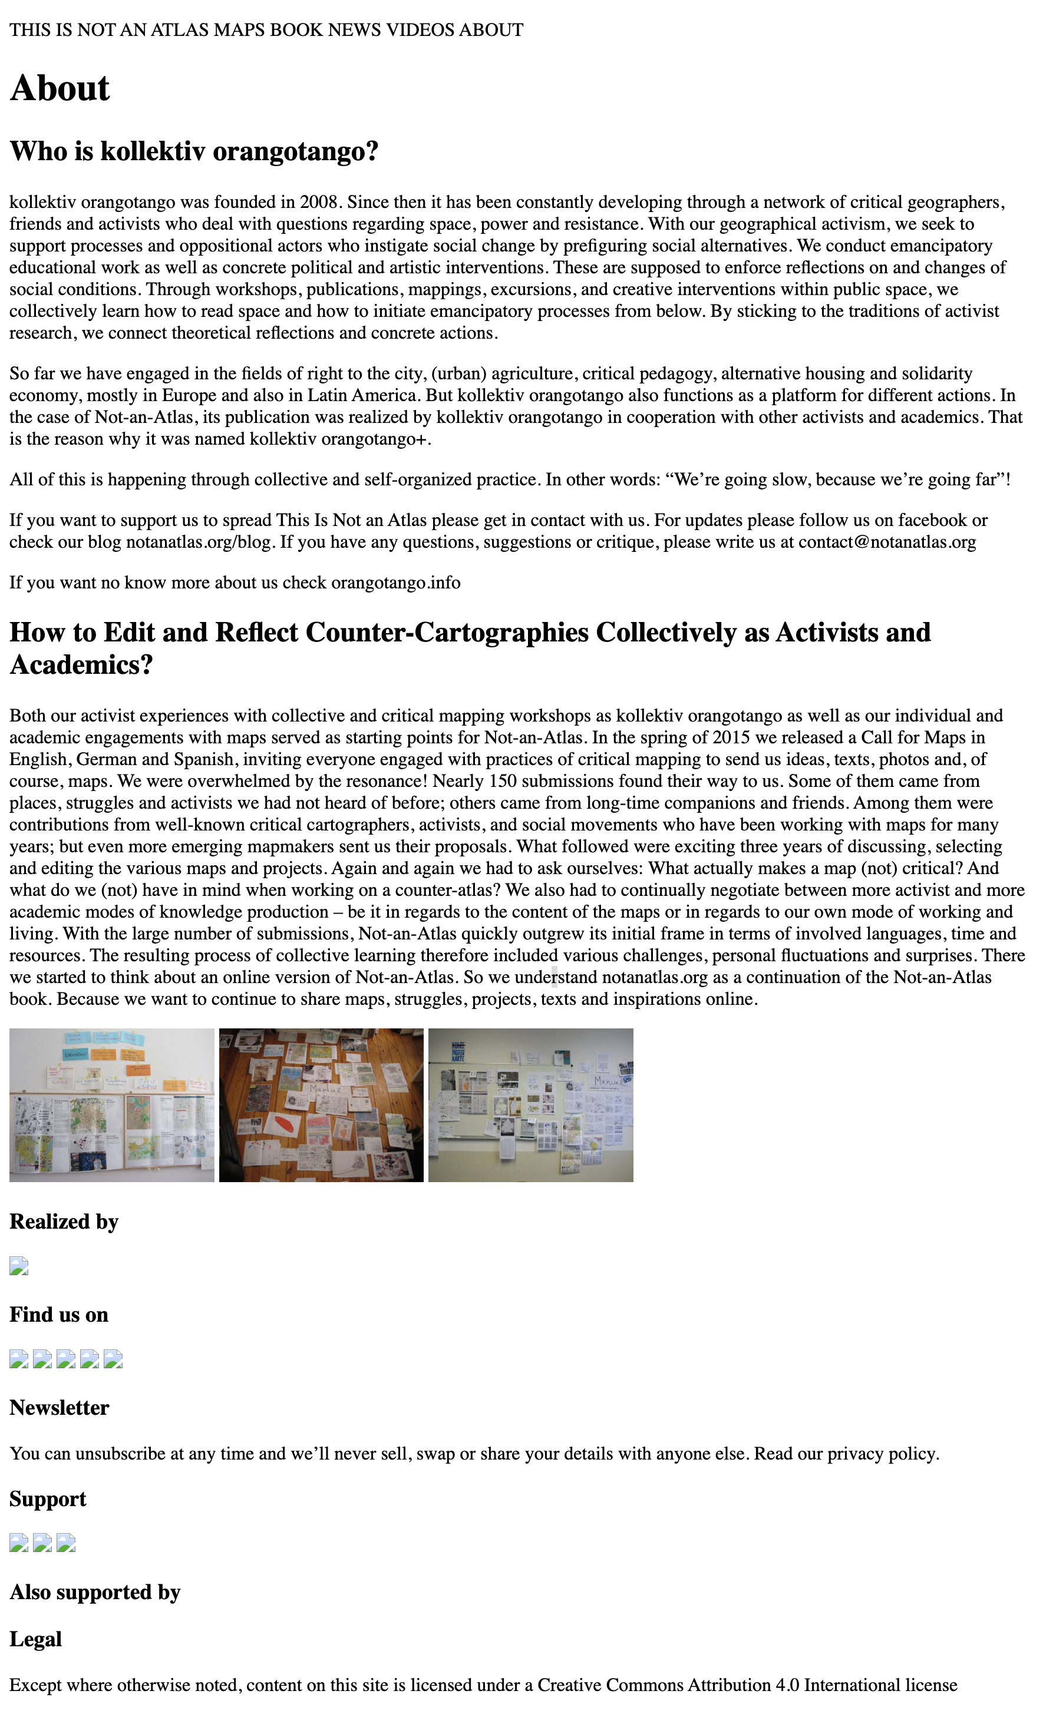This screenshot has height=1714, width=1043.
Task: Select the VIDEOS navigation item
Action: coord(420,30)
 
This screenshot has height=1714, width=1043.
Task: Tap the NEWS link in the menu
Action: coord(354,30)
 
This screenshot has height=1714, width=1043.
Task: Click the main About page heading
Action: coord(60,88)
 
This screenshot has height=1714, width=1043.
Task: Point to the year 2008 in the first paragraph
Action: coord(319,203)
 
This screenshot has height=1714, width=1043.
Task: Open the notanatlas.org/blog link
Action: coord(199,542)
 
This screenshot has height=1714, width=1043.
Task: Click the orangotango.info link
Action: coord(395,583)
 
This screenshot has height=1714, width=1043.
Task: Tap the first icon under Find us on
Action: coord(19,1359)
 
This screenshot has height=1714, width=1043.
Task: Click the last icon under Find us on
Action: coord(113,1359)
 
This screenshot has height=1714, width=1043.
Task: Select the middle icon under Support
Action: coord(42,1543)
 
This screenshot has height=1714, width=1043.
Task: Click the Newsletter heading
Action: coord(59,1407)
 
